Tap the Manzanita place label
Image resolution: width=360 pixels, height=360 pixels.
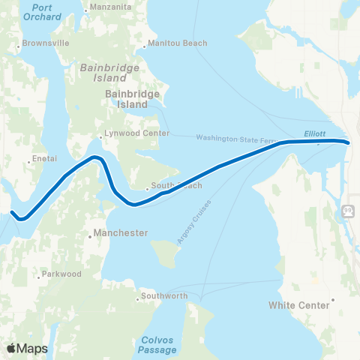point(109,8)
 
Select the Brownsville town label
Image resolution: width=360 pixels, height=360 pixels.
point(46,43)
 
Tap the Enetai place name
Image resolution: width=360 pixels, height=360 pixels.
point(38,160)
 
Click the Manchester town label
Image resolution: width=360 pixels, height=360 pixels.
point(121,233)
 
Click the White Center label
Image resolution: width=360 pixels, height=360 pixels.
point(300,305)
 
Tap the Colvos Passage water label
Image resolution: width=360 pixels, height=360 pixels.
point(158,344)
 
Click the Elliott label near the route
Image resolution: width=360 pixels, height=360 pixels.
point(315,133)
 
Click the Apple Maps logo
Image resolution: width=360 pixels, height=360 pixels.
point(27,348)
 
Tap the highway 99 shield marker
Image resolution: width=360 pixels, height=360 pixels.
point(349,209)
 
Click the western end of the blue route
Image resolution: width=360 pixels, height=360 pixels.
point(13,212)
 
